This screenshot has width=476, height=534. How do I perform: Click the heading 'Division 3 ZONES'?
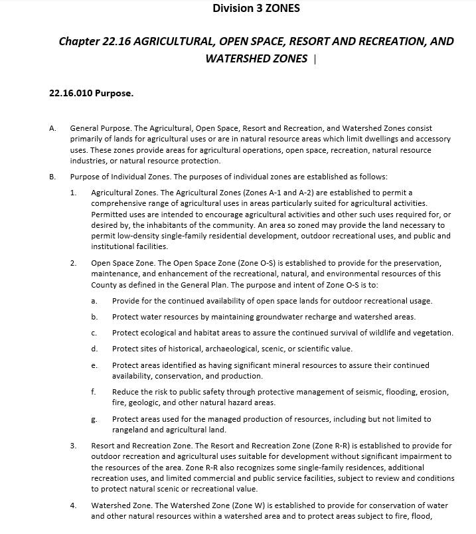(256, 9)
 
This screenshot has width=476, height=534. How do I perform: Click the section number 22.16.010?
(70, 93)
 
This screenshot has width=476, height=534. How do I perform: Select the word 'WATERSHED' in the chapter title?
(237, 58)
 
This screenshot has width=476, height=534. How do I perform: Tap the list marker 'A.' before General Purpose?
(52, 128)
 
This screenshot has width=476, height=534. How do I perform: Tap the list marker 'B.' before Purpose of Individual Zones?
(52, 177)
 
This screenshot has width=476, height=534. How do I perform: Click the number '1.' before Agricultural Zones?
(73, 193)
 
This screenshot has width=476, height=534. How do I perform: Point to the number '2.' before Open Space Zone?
(73, 263)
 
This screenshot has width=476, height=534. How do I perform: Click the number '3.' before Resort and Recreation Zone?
(73, 446)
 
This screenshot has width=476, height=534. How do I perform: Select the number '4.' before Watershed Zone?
(73, 506)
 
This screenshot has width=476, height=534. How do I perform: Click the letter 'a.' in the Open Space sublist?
(94, 301)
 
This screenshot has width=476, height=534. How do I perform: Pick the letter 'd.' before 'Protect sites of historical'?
(94, 349)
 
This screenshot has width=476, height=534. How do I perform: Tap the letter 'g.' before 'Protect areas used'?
(94, 419)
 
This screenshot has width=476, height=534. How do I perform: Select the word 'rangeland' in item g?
(131, 430)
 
